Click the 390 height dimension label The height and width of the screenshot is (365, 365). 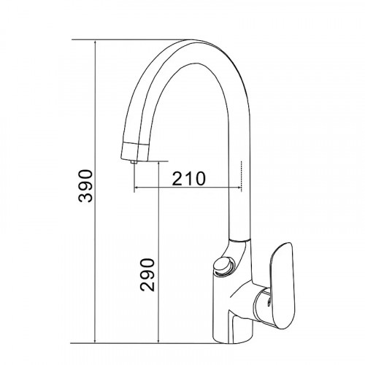click(85, 186)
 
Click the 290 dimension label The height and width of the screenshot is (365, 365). click(147, 274)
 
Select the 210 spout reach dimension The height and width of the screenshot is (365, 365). click(189, 178)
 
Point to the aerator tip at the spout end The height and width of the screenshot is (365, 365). click(133, 162)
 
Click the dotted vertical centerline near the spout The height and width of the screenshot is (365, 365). click(241, 177)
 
